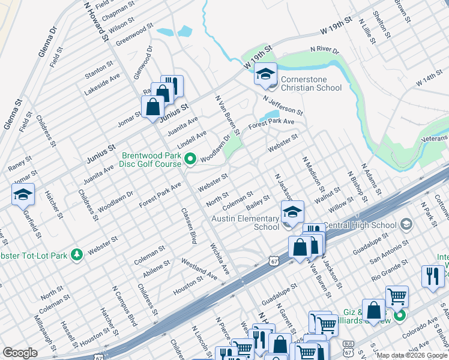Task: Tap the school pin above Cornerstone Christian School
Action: (264, 74)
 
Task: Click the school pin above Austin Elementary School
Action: (292, 212)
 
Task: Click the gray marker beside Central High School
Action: (407, 225)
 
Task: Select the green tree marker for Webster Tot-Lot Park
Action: (76, 255)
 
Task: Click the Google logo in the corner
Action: (20, 353)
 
